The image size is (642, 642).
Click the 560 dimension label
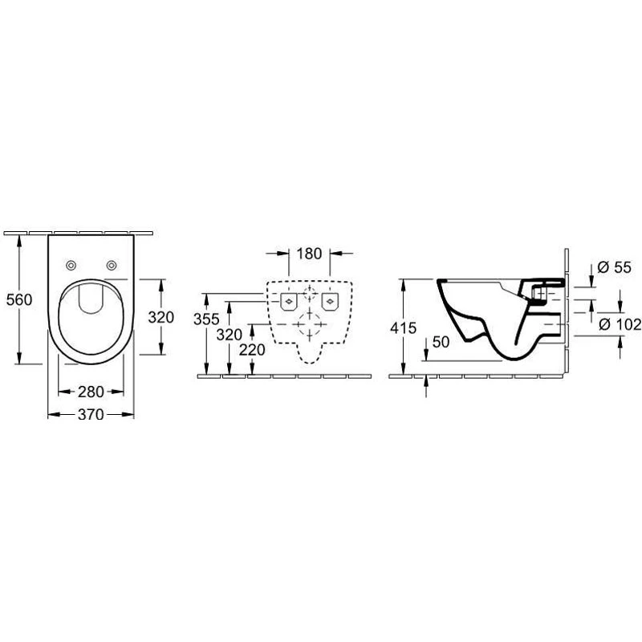19,299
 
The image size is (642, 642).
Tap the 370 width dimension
91,414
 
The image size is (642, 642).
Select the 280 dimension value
91,392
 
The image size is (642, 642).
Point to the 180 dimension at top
309,254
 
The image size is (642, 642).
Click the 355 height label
206,319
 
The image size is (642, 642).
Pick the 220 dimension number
252,350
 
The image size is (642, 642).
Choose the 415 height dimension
404,327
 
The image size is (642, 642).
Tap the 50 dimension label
441,342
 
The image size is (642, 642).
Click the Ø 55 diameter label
614,267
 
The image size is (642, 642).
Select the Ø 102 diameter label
620,325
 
